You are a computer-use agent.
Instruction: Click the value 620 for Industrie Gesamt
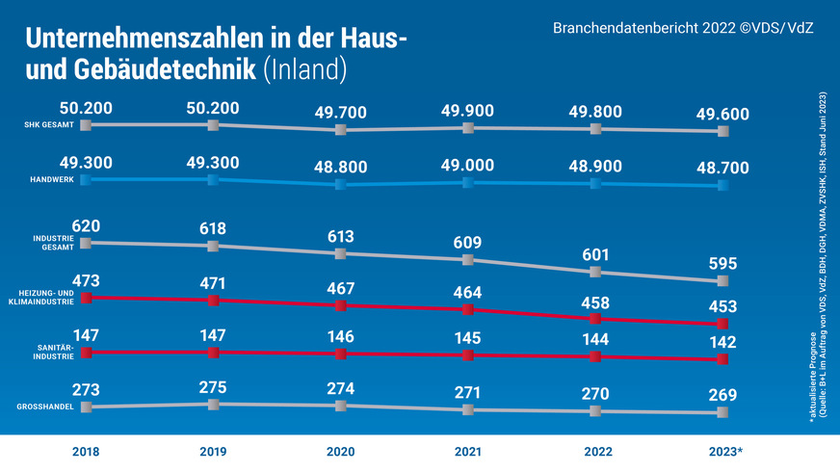click(86, 227)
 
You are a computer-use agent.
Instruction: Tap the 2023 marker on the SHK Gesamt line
click(723, 131)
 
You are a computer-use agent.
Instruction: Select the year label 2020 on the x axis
click(340, 452)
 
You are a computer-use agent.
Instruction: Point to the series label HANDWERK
click(54, 180)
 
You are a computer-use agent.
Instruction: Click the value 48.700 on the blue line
click(723, 168)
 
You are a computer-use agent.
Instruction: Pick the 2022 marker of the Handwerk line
click(595, 183)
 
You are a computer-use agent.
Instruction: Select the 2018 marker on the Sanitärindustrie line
click(86, 353)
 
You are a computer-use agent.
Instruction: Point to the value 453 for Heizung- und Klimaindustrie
click(723, 307)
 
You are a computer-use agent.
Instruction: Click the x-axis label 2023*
click(725, 452)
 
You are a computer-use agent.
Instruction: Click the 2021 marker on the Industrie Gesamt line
click(468, 260)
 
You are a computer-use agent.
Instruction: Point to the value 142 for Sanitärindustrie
click(723, 344)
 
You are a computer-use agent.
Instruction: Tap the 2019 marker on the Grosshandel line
click(213, 405)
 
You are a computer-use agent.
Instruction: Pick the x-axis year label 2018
click(86, 452)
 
